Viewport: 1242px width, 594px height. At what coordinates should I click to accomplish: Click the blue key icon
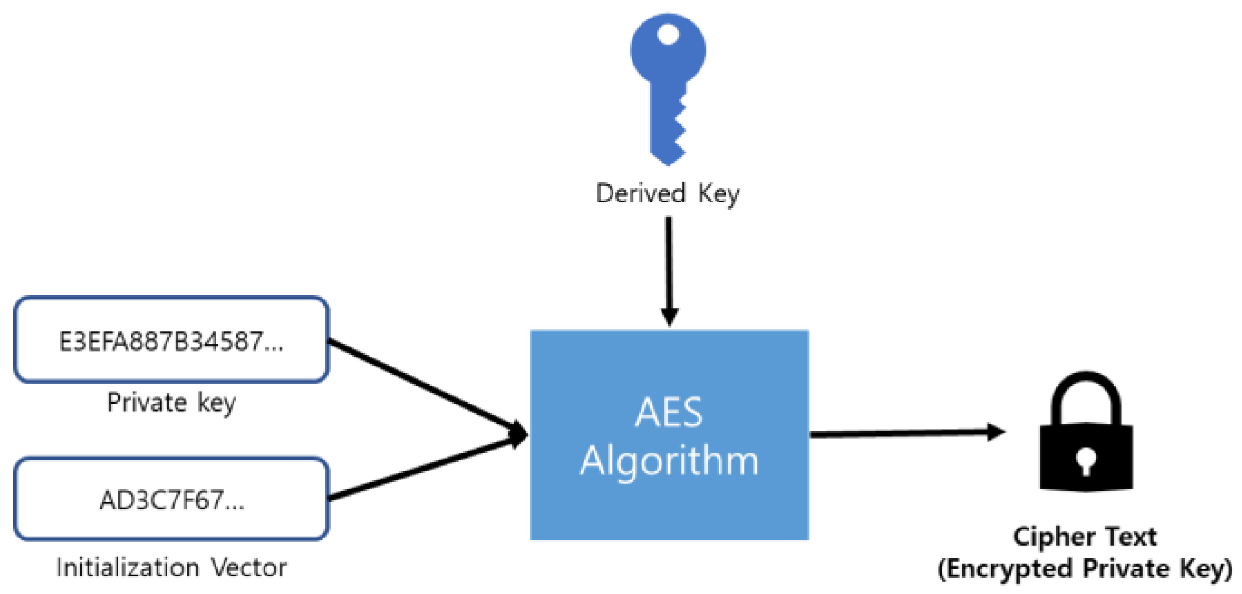click(x=667, y=85)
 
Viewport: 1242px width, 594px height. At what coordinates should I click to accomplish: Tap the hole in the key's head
click(x=667, y=34)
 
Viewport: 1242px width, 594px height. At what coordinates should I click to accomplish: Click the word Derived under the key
click(x=641, y=194)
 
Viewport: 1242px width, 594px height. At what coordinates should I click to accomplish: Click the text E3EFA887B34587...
click(x=171, y=341)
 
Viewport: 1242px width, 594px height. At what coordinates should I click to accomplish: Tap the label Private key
click(x=171, y=402)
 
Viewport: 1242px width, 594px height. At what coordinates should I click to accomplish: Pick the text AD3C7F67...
click(x=171, y=500)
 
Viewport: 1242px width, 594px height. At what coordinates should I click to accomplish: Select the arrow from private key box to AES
click(x=423, y=387)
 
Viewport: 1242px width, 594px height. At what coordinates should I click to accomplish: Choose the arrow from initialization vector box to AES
click(x=423, y=468)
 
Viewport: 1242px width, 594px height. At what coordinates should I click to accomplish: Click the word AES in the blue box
click(x=669, y=413)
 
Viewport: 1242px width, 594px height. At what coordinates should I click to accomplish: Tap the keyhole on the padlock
click(x=1086, y=461)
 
